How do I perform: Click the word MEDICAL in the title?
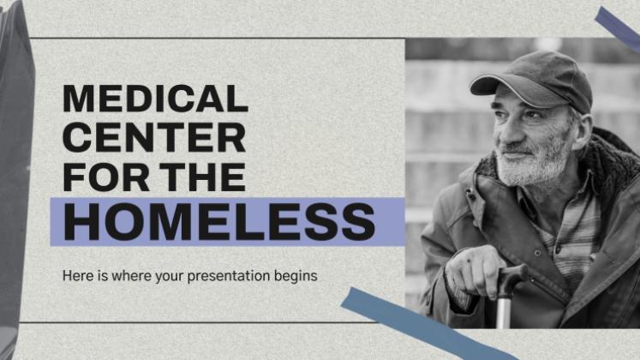[156, 99]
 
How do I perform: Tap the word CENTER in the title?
[154, 137]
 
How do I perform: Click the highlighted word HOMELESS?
[219, 222]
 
